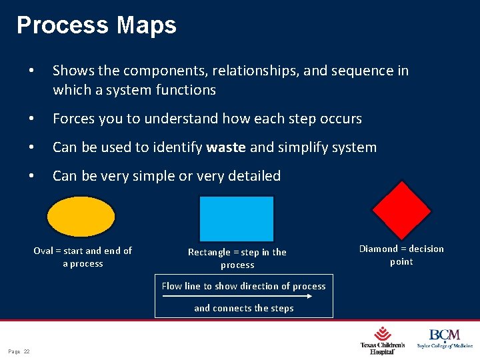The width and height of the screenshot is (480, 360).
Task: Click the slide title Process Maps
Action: click(97, 25)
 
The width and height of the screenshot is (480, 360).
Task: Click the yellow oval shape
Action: click(81, 217)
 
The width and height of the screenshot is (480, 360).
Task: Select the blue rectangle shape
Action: click(237, 219)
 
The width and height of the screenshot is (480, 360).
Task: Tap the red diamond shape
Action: click(401, 210)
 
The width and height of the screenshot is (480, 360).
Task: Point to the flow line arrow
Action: click(243, 297)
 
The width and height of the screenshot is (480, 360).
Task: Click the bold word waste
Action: click(226, 147)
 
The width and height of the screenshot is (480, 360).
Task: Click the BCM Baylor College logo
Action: click(445, 338)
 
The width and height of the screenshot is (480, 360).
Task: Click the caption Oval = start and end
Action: click(83, 257)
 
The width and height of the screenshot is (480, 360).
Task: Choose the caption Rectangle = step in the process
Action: click(237, 258)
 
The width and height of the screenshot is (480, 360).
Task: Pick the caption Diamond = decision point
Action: click(401, 255)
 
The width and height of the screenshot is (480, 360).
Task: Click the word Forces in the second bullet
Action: click(74, 119)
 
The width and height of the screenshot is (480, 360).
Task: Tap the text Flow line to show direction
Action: click(243, 286)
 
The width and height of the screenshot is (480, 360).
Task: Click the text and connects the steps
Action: click(243, 308)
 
